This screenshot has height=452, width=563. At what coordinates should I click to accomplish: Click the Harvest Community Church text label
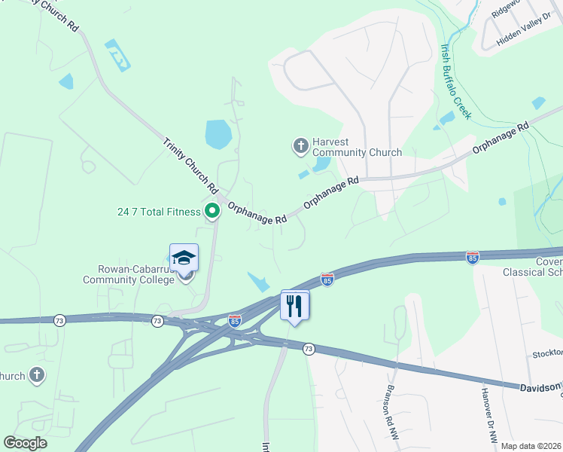358,152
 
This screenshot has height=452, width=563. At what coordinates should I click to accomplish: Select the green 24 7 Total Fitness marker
212,211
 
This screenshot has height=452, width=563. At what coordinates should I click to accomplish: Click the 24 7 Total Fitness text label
160,212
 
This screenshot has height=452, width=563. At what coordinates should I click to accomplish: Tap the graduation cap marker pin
184,258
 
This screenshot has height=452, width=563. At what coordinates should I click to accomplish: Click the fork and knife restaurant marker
294,305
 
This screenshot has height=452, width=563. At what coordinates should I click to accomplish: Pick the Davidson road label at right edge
540,387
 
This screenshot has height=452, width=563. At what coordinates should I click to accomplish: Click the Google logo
25,443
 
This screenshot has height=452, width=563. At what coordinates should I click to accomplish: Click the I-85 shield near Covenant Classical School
473,258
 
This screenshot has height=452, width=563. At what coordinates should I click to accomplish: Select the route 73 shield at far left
60,321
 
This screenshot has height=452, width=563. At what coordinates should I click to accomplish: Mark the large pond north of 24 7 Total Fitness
218,134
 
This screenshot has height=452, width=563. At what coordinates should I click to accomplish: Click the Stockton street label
547,353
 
